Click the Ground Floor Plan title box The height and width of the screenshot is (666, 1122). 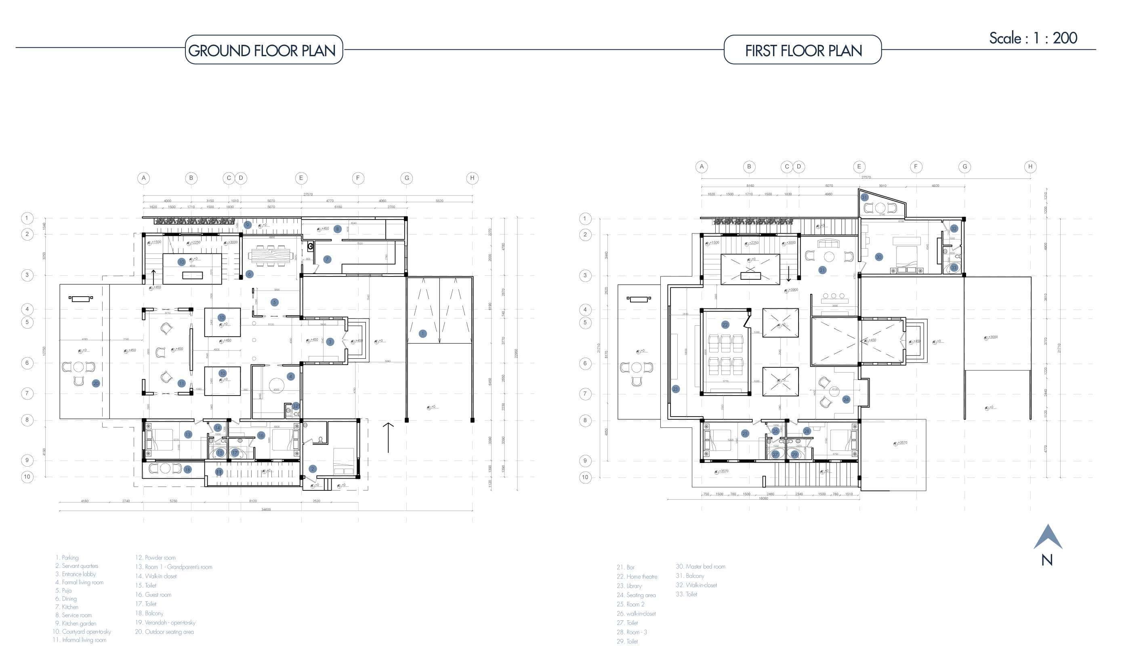tap(264, 50)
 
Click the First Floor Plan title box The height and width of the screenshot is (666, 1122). tap(803, 50)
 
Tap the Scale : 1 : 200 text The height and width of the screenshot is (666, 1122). tap(1033, 38)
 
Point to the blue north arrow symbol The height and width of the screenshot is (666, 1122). tap(1047, 538)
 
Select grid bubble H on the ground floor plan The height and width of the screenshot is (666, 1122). tap(472, 178)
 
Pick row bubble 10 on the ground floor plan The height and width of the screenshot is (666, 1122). tap(27, 477)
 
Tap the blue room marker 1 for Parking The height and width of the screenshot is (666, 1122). tap(422, 333)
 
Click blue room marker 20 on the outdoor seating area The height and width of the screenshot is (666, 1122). tap(96, 383)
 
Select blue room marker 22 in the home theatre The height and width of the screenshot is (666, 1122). tap(725, 325)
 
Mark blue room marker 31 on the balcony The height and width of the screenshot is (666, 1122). tap(864, 197)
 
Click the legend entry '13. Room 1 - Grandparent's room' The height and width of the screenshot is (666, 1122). tap(174, 567)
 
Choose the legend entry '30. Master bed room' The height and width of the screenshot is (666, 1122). tap(700, 566)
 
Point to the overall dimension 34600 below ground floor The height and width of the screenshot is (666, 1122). tap(266, 509)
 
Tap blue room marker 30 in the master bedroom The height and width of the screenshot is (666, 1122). tap(878, 257)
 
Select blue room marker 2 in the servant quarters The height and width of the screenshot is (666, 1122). tap(313, 469)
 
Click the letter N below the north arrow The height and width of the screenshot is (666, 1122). tap(1047, 560)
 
